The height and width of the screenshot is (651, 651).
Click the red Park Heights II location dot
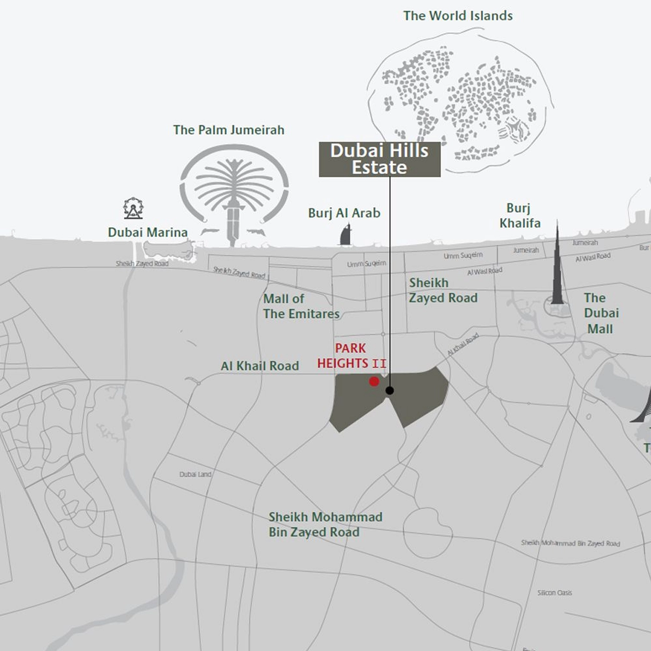tap(374, 382)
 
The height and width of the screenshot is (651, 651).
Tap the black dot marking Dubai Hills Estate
tap(390, 391)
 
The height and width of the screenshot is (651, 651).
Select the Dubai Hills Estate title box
tap(379, 159)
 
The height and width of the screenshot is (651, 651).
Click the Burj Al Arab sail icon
tap(345, 235)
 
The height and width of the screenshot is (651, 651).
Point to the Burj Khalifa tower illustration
tap(557, 267)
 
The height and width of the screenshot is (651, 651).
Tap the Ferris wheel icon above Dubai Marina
tap(133, 208)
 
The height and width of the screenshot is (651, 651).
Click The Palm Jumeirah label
tap(229, 130)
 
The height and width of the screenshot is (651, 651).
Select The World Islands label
tap(458, 16)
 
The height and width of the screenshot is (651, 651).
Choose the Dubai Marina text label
tap(148, 232)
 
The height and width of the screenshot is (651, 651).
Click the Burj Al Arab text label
tap(344, 213)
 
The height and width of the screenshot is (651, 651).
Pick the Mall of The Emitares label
tap(301, 306)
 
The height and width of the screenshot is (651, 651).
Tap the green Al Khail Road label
tap(260, 366)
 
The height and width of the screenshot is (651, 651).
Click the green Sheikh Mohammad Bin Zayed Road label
tap(325, 524)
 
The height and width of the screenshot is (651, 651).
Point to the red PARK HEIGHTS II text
tap(351, 356)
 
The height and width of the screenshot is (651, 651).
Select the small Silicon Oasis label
tap(555, 593)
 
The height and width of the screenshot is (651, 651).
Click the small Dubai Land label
tap(195, 474)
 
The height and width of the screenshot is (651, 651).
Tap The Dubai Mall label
tap(600, 313)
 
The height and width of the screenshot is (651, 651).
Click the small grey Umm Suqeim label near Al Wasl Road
tap(463, 255)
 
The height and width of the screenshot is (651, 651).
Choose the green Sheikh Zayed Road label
tap(443, 290)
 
